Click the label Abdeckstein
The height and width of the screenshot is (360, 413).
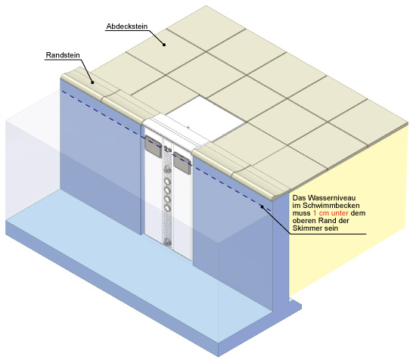pos(127,26)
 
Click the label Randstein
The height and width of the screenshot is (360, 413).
pos(63,55)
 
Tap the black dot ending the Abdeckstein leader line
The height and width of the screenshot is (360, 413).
pos(164,45)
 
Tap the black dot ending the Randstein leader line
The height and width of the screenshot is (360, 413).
pos(92,82)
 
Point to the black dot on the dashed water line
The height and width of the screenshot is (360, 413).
pos(262,206)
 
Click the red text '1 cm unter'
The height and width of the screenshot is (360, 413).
pos(331,213)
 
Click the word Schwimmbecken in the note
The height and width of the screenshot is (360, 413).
pos(331,205)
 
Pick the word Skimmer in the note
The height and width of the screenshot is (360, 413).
pos(306,228)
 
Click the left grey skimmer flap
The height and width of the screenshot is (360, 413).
pos(154,146)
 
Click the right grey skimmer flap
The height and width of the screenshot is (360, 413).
pos(182,163)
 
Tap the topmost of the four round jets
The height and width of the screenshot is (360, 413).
pos(167,182)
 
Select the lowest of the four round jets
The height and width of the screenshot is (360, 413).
pos(167,208)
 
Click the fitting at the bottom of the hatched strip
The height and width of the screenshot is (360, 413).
pos(167,242)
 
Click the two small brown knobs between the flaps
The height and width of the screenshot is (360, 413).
pos(168,148)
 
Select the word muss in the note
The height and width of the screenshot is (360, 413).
pos(302,213)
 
